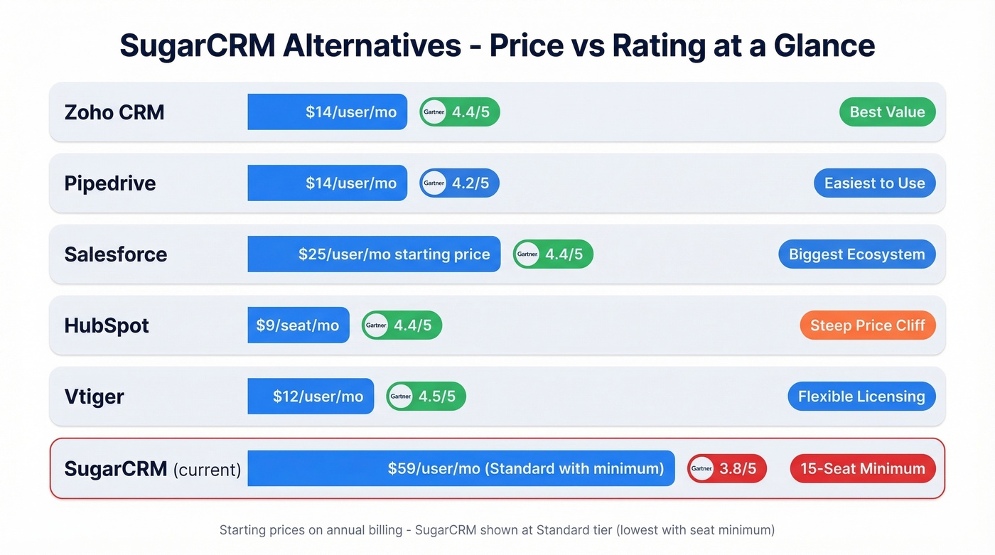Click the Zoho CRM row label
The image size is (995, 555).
click(114, 112)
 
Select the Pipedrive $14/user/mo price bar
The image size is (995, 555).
click(327, 183)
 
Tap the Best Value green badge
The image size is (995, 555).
click(887, 112)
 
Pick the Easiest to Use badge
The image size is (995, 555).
click(874, 183)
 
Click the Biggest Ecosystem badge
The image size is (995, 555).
click(856, 254)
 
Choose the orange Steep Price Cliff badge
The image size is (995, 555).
click(867, 325)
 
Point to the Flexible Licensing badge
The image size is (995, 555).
click(861, 397)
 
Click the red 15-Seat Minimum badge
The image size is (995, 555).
click(862, 469)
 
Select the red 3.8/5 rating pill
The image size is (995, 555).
click(726, 469)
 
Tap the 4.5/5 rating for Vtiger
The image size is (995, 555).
click(426, 397)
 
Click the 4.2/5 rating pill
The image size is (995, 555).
click(460, 183)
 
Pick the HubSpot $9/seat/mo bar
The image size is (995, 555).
click(298, 325)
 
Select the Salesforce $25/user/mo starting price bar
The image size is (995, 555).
click(374, 254)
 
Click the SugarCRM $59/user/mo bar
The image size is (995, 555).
click(461, 468)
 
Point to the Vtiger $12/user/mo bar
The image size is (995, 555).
click(311, 397)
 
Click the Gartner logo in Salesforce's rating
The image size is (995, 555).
click(527, 254)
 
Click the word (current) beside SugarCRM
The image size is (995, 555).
click(207, 470)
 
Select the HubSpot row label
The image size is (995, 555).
click(107, 325)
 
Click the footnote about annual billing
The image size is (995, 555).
click(497, 530)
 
